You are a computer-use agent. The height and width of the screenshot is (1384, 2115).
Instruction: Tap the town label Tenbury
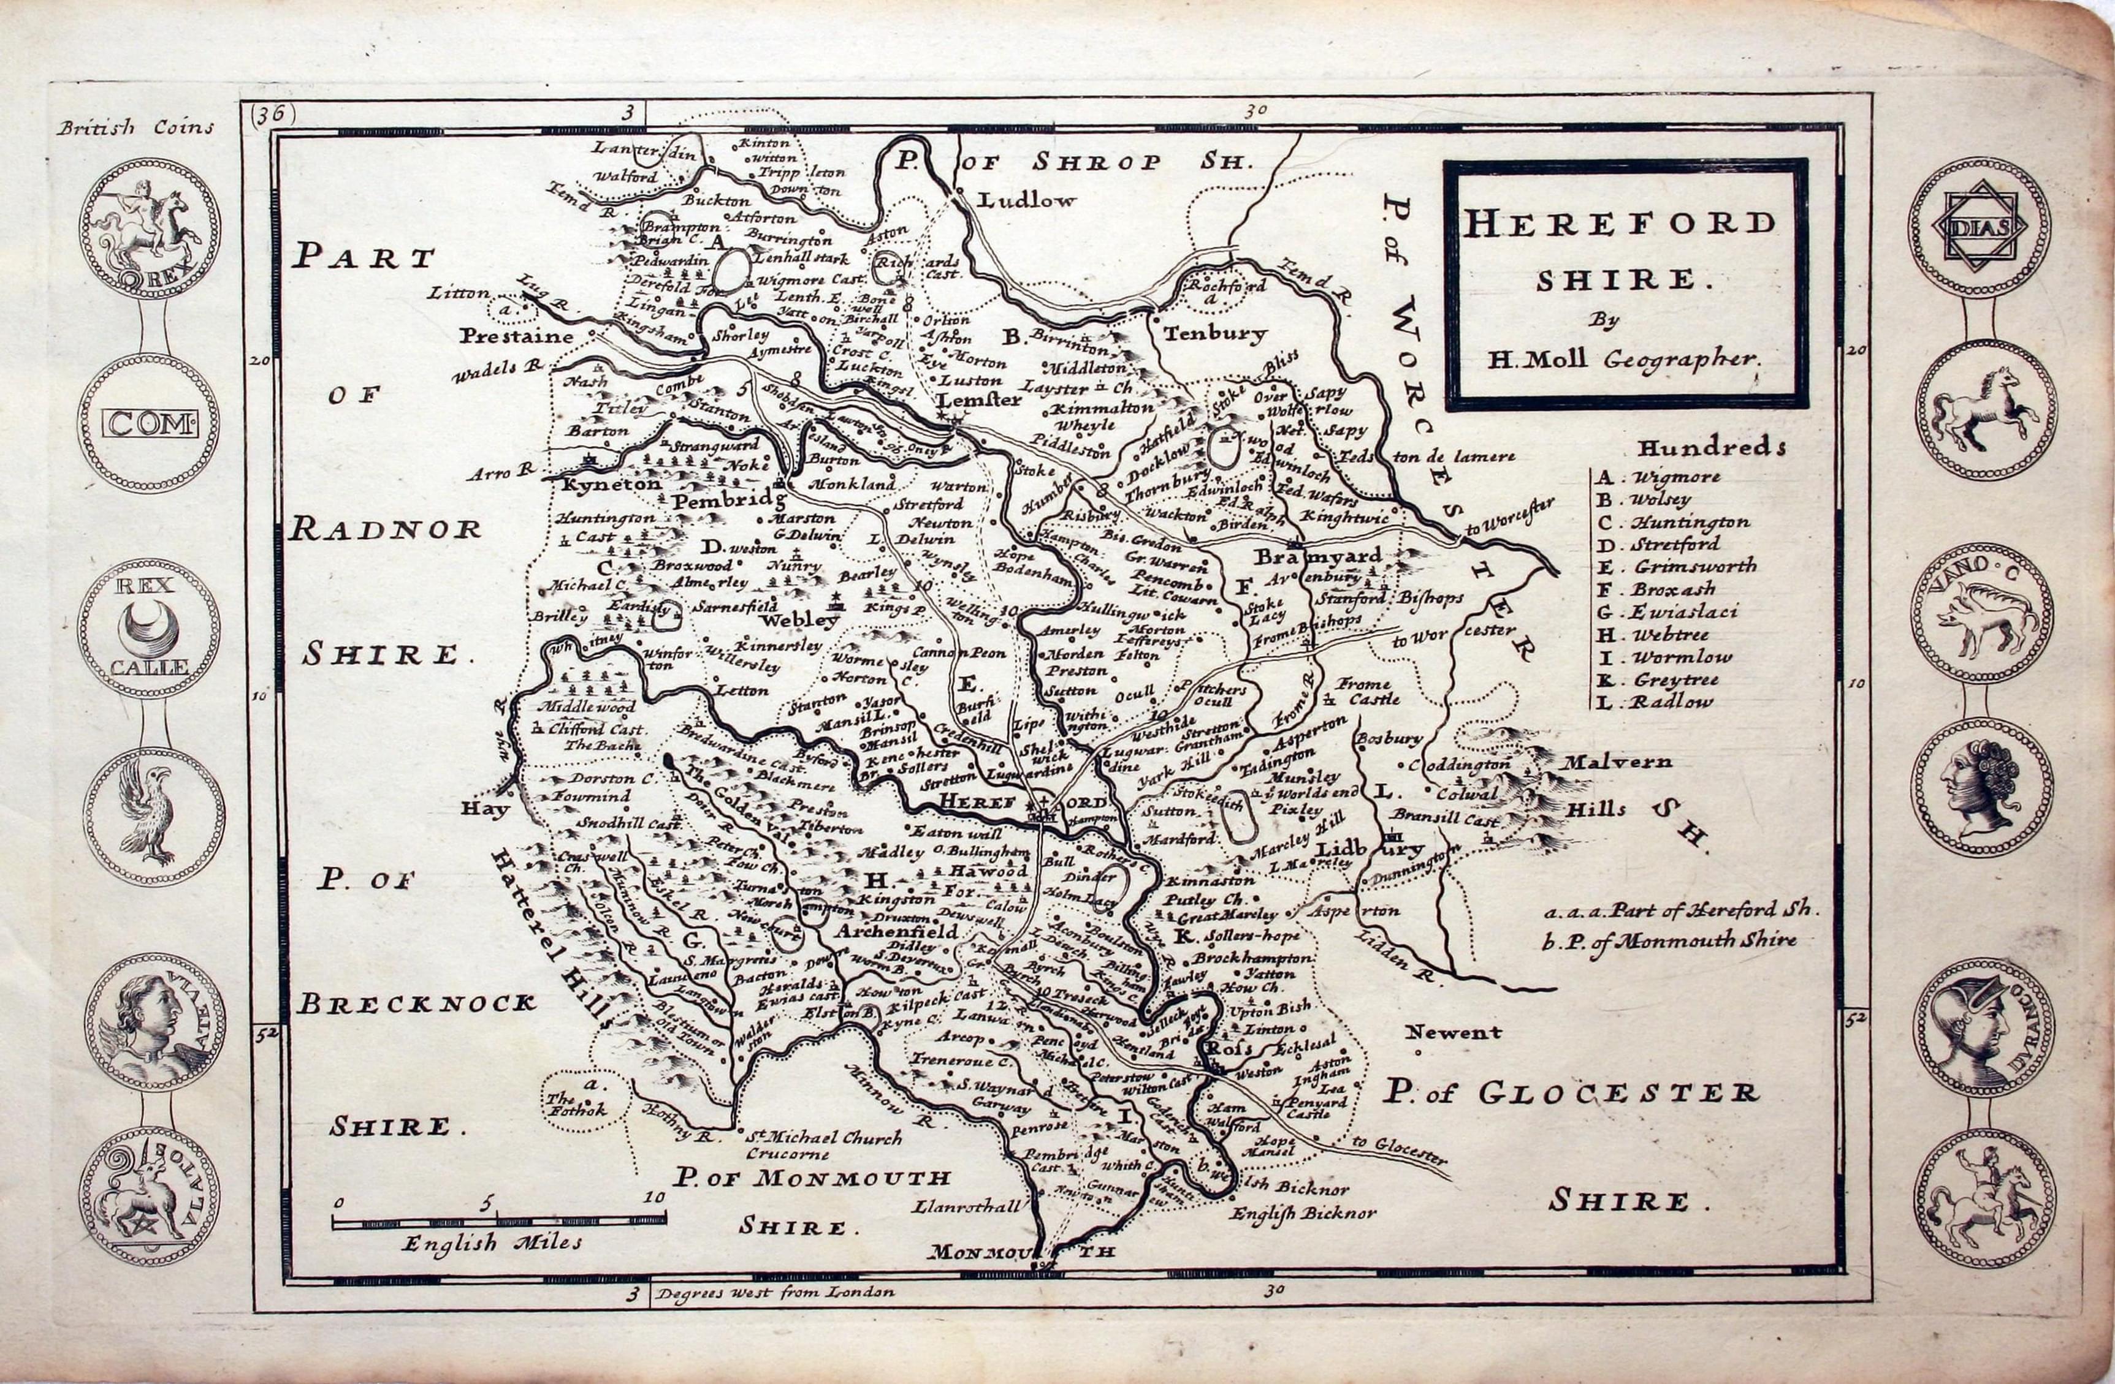[1214, 334]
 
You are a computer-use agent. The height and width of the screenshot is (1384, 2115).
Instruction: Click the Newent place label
[1453, 1032]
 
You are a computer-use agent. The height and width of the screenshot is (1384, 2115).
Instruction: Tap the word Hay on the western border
[485, 809]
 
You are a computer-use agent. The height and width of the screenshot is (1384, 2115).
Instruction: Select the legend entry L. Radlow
[1653, 701]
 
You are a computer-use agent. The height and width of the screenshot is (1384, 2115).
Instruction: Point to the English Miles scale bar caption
[492, 1242]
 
